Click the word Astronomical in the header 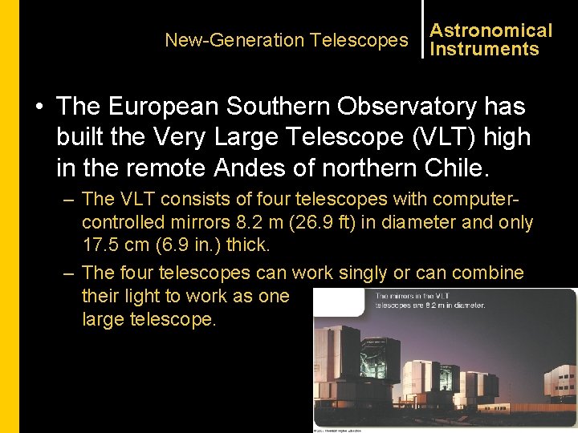tap(491, 30)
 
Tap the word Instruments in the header tap(484, 50)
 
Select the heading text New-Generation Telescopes tap(287, 40)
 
